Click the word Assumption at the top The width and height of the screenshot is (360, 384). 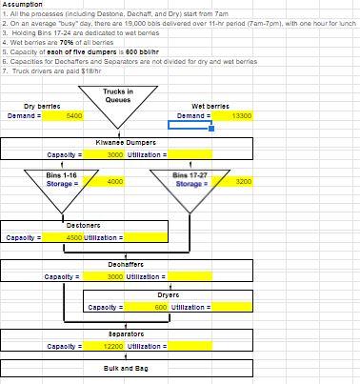pyautogui.click(x=20, y=5)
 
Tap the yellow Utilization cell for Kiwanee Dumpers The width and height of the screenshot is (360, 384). pyautogui.click(x=190, y=154)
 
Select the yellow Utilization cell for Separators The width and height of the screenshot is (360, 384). pyautogui.click(x=190, y=346)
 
